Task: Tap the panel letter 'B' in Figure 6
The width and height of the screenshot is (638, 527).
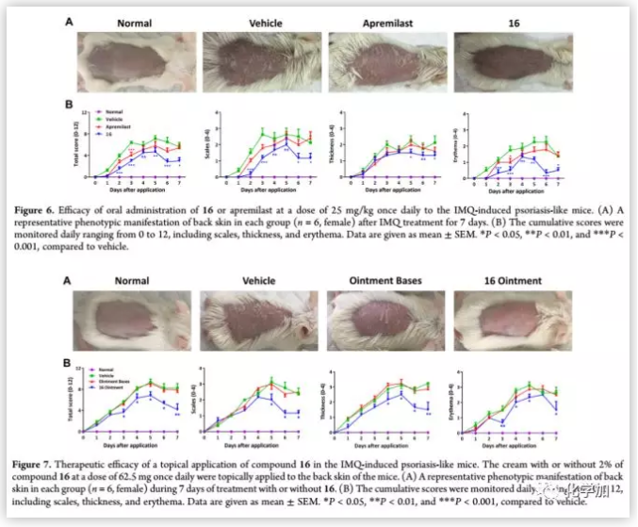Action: pos(67,106)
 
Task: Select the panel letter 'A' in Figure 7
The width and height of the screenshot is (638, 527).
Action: pos(67,280)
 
